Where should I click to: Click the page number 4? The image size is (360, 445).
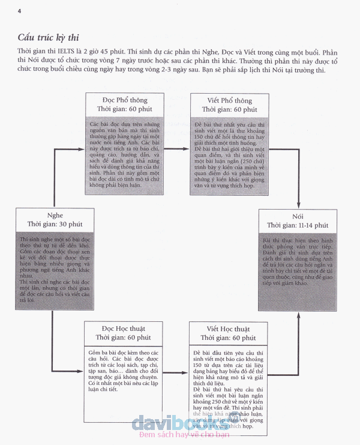[20, 11]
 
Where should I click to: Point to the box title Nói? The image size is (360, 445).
[297, 215]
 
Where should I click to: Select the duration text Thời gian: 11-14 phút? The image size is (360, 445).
[297, 225]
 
